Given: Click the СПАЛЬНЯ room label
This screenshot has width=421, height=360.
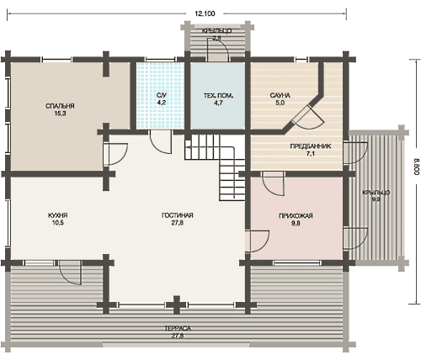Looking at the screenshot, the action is pos(60,106).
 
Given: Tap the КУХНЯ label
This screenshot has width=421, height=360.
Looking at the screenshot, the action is pos(58,215).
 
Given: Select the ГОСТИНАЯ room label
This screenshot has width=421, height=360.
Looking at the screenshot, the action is pos(178,215).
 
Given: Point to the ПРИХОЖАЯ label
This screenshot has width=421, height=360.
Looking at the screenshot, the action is pos(296,216).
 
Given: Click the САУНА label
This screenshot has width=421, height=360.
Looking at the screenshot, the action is pos(280,95).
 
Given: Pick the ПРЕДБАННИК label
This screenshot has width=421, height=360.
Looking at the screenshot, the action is pos(311,146).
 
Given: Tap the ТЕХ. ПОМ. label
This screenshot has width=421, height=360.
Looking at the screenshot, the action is pos(218,96).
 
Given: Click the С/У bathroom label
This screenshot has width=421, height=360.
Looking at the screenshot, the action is pos(162,95).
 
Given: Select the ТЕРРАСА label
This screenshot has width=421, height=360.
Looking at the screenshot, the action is pos(178,328).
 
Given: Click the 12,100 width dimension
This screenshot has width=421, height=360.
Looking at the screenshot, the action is pos(205,13).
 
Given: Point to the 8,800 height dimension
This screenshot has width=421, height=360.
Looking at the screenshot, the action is pos(417,167).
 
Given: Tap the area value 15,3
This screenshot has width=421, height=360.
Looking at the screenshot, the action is pos(60,114).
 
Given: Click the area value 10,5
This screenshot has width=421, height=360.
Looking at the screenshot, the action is pos(58,223).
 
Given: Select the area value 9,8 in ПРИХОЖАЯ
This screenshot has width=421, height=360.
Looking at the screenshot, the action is pos(296,223).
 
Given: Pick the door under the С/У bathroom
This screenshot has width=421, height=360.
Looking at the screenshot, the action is pos(161,142).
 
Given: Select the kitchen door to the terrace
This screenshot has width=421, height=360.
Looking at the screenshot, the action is pos(70,273).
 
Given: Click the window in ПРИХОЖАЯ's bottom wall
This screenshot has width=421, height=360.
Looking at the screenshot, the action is pos(297,262).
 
